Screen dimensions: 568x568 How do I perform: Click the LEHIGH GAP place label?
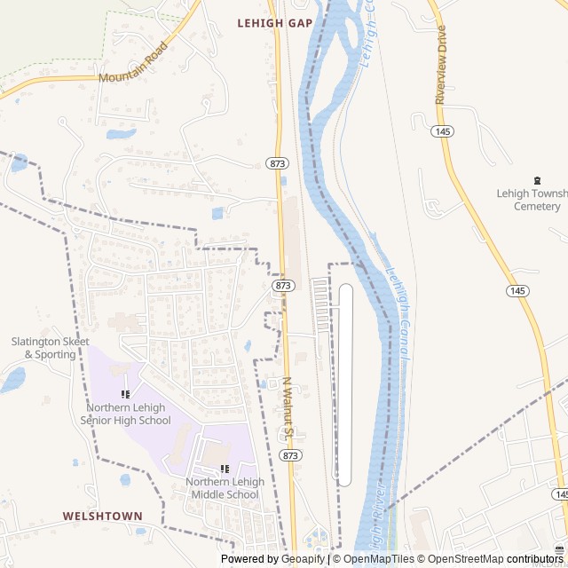click(x=274, y=23)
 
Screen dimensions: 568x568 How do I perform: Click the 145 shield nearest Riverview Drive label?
click(x=442, y=131)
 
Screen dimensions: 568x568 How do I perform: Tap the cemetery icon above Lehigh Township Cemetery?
click(x=537, y=179)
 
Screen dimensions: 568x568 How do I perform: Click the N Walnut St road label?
click(x=288, y=409)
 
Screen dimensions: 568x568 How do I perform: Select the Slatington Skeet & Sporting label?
click(x=43, y=347)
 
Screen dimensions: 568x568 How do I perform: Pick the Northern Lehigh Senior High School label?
click(x=125, y=414)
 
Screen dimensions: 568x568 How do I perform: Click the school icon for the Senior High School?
click(x=125, y=394)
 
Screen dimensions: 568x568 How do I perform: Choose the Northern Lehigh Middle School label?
click(x=225, y=488)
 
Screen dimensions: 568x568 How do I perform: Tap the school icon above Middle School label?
click(x=225, y=469)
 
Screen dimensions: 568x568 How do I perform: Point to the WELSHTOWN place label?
click(x=102, y=516)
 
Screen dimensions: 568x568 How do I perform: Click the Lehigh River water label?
click(x=378, y=517)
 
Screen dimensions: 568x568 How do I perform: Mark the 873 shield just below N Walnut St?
click(x=289, y=454)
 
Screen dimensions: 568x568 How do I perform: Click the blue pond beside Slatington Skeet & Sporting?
click(x=12, y=380)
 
